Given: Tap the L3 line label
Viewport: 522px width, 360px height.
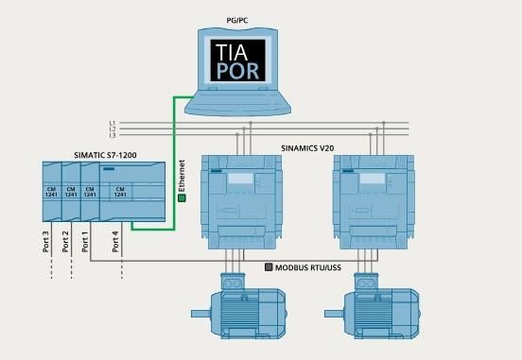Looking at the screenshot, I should pos(112,137).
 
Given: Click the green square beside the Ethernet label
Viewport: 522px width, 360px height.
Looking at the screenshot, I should pos(182,198).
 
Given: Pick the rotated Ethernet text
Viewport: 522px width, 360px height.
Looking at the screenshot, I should pos(182,176).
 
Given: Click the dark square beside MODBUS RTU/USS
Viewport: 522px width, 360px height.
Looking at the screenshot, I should pos(270,268).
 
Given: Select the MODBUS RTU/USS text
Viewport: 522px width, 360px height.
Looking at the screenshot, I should pos(308,268).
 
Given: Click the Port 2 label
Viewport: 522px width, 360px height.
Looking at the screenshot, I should pos(66,239).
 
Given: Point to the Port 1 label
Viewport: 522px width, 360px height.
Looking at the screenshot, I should pos(85,239).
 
